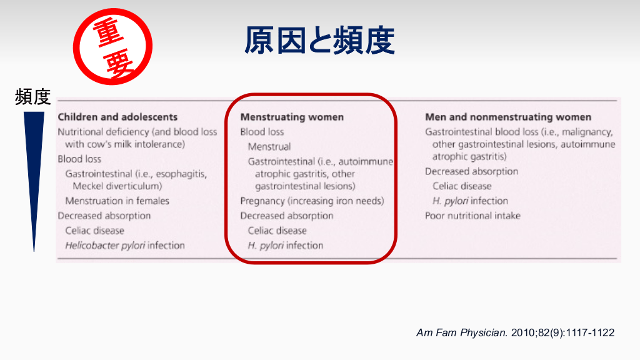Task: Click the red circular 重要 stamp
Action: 112,46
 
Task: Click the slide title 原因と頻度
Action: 319,41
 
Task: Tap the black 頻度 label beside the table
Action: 32,97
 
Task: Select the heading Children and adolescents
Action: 117,117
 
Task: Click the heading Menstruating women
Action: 292,117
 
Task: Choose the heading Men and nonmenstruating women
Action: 508,117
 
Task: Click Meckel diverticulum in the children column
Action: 117,186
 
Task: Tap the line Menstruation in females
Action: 117,201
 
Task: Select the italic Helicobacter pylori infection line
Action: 125,245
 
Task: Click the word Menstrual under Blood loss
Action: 269,146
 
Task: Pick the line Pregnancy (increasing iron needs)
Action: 312,201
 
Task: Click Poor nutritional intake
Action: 472,216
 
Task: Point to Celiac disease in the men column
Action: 462,186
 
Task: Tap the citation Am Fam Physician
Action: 462,332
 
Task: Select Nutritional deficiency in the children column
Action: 103,132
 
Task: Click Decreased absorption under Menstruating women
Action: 287,216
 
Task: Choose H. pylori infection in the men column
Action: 470,201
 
